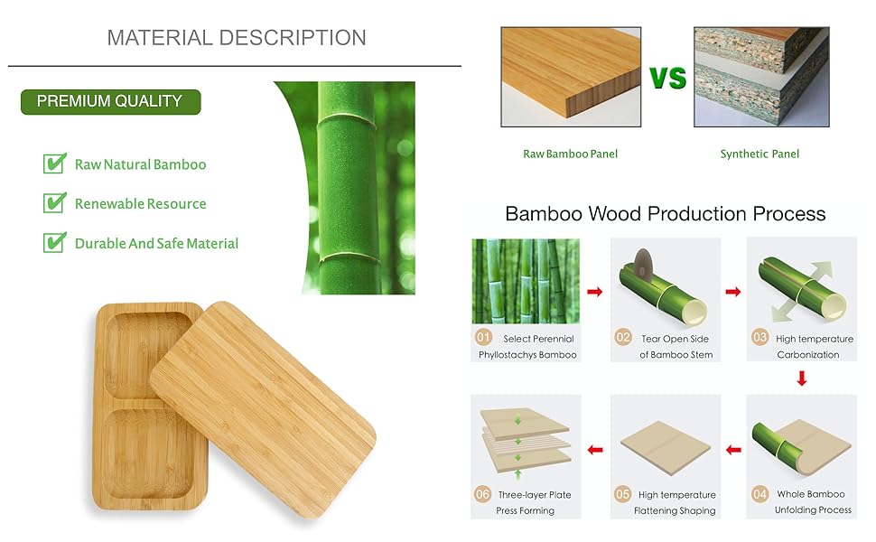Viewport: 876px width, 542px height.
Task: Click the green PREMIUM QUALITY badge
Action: (110, 102)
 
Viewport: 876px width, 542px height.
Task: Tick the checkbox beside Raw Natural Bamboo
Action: (55, 164)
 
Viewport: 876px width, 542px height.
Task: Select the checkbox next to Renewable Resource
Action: (55, 203)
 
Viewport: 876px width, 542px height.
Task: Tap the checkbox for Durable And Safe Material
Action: (55, 242)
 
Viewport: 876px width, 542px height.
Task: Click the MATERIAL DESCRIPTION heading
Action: (237, 38)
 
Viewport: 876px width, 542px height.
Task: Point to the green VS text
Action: (667, 78)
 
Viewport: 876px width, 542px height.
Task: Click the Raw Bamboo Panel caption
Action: (571, 154)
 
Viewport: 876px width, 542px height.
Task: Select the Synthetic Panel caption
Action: (760, 154)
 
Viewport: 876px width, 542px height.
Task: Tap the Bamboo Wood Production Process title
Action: (665, 214)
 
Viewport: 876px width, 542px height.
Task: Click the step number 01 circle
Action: (483, 338)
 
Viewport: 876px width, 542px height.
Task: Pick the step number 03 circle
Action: (760, 338)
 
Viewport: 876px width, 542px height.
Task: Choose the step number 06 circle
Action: (482, 494)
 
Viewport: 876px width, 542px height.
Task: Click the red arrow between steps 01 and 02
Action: (595, 292)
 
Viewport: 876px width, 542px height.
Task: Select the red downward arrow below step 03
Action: (802, 378)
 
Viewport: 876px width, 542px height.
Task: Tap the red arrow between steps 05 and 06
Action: (595, 450)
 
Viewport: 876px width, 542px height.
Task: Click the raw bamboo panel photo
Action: (571, 77)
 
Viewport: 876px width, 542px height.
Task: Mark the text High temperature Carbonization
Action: (814, 347)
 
